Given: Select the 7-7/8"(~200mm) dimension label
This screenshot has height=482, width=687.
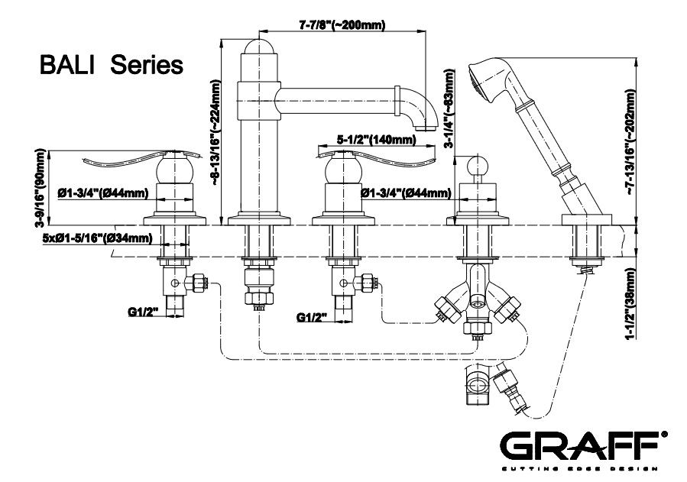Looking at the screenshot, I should tap(341, 25).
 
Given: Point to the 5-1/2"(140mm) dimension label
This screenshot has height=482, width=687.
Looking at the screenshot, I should tap(377, 140).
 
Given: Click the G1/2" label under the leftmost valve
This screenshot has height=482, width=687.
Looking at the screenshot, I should tap(143, 311).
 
